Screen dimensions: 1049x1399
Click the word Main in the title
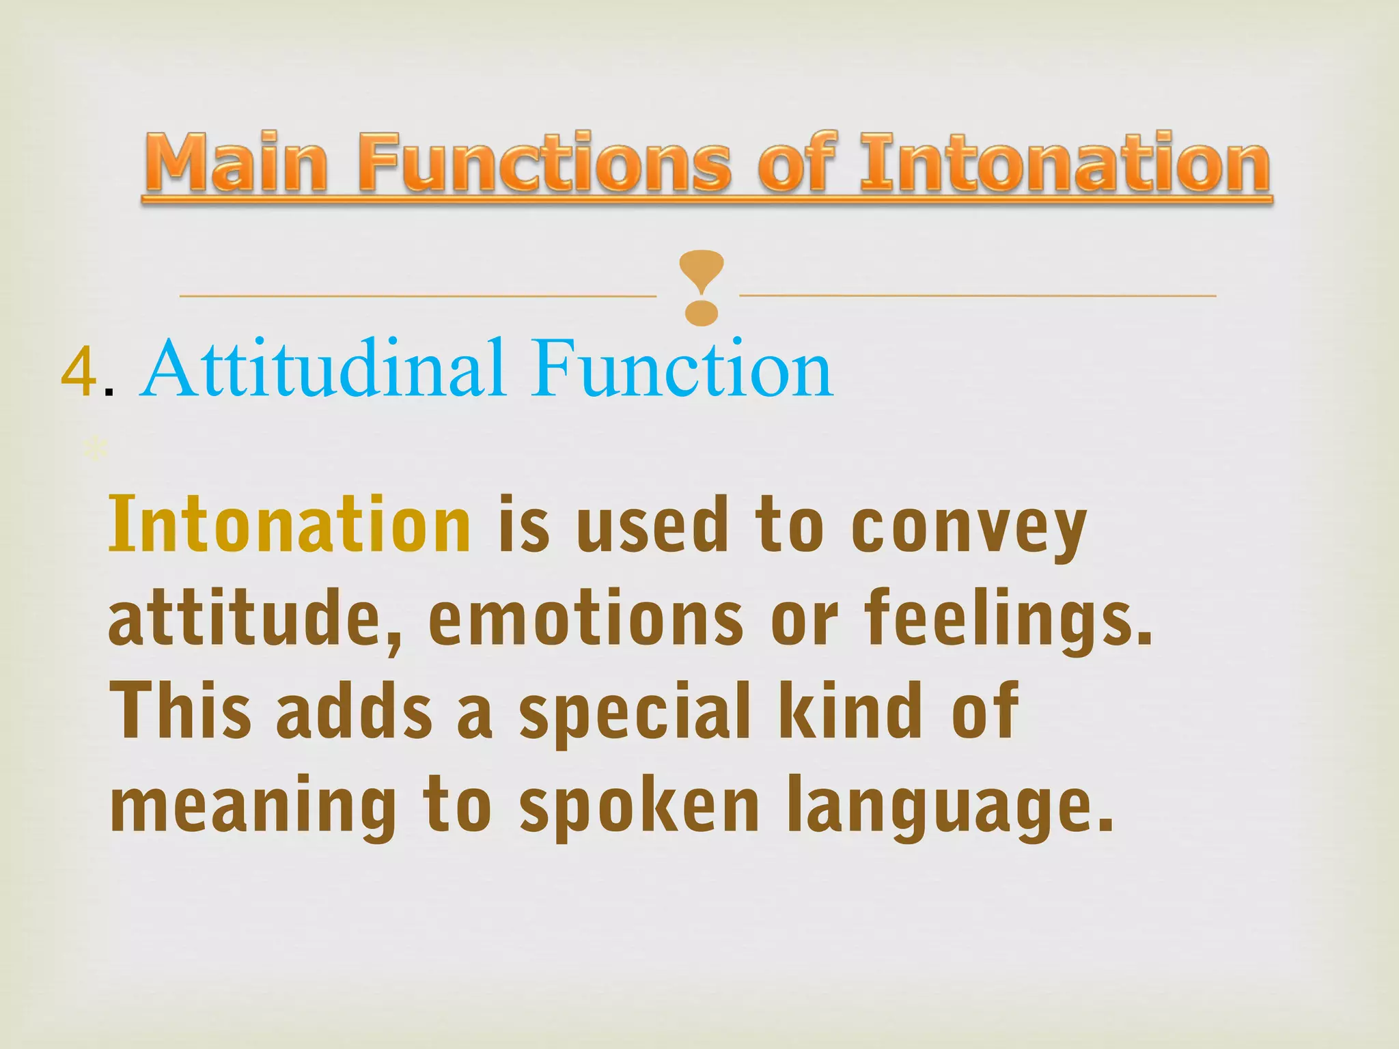(236, 164)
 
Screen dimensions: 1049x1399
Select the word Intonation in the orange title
(1065, 164)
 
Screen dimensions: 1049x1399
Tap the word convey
(969, 529)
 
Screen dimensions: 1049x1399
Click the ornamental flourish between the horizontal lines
(702, 287)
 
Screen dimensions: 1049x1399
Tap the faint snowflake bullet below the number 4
(94, 449)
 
